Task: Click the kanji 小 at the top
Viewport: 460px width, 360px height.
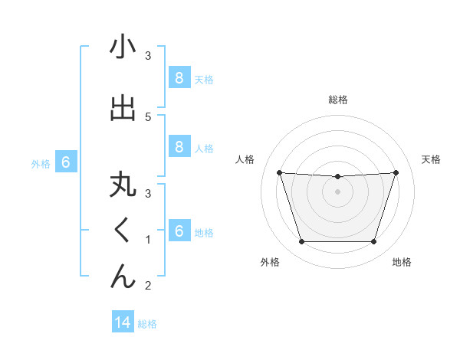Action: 123,47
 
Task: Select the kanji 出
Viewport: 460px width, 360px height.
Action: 123,108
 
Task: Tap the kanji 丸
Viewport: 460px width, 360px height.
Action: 123,187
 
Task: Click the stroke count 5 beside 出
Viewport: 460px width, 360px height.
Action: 147,116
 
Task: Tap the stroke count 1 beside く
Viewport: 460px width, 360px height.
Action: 147,240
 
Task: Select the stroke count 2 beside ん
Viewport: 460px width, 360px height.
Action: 147,286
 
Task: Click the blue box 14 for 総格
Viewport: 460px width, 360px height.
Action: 123,322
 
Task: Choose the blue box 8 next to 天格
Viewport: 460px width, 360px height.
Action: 179,78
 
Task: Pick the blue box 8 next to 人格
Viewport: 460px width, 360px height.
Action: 179,147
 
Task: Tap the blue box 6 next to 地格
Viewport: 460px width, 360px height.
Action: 179,232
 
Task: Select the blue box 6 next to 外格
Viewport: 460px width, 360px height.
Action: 66,162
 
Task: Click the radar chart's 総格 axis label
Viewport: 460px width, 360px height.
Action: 338,100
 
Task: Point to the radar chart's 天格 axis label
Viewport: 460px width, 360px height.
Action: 432,159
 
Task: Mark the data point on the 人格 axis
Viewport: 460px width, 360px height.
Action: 280,172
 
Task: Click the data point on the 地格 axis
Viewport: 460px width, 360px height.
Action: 373,242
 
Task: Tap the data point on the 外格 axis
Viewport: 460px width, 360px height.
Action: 301,242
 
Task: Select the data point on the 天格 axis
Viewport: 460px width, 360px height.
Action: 396,172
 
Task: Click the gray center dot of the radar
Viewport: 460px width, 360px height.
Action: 337,191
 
